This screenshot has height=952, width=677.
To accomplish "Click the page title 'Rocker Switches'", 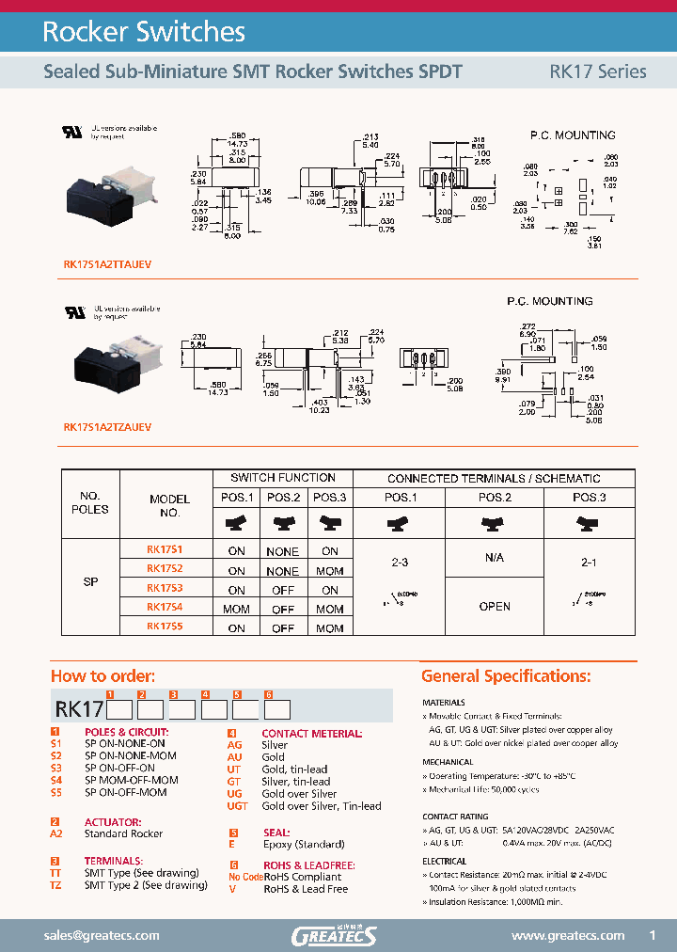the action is (x=144, y=32).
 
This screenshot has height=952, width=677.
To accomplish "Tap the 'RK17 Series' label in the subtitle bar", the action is (x=597, y=71).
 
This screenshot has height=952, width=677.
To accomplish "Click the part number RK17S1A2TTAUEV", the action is (x=106, y=264).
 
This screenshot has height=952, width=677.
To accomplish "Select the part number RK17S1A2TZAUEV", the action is (x=106, y=426).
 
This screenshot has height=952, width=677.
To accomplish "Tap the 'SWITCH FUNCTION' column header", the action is (x=283, y=478).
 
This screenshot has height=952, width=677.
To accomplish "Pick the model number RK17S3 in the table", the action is (x=165, y=588).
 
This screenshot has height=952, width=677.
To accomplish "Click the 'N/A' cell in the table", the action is (x=495, y=558).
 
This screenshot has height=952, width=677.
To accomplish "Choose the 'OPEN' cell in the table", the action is (x=495, y=607).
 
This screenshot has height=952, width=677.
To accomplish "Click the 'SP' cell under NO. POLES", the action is (x=91, y=583).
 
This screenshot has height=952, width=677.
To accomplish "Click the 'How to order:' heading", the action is (x=102, y=676).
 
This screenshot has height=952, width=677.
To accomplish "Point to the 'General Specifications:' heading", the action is (x=506, y=676).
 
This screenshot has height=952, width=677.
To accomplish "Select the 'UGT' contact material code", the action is (x=238, y=806).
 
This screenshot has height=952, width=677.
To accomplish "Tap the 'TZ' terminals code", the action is (x=55, y=885).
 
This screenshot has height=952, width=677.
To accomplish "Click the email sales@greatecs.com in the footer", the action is (x=102, y=935).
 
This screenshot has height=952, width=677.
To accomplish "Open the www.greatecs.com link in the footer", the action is (x=568, y=935).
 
